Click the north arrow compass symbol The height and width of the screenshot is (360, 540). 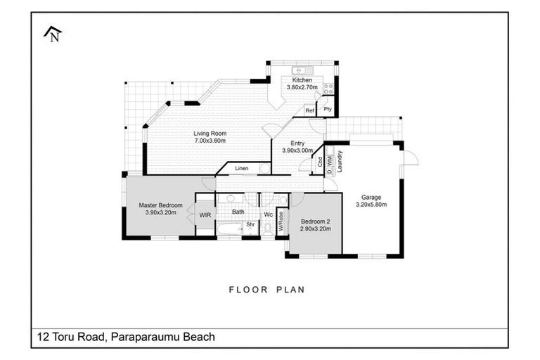tap(52, 34)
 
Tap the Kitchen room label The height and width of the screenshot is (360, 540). tap(302, 80)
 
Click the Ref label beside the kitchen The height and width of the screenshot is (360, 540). tap(309, 110)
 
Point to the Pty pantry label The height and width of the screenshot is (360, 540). tap(328, 109)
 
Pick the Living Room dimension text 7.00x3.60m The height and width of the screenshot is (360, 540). tap(210, 141)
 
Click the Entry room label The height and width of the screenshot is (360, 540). tap(292, 143)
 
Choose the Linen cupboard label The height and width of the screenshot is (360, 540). tap(242, 169)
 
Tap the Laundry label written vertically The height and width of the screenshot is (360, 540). tap(340, 161)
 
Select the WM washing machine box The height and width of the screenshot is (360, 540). tap(329, 161)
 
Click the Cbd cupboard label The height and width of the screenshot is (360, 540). tap(320, 161)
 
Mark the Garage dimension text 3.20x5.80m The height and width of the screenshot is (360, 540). tap(372, 205)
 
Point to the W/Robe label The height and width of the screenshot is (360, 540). tap(281, 221)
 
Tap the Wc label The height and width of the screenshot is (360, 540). tap(268, 214)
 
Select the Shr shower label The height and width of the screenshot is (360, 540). tap(249, 225)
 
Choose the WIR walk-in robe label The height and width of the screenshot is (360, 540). tap(205, 214)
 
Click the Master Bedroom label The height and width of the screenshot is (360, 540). tap(160, 205)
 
